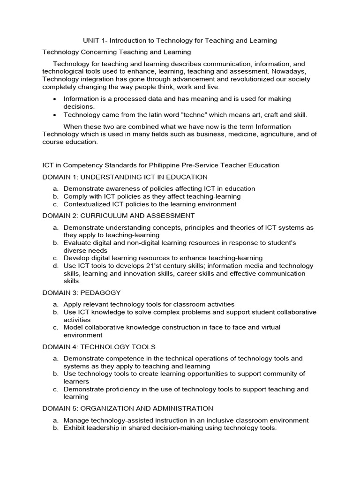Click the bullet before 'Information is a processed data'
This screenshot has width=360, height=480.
[55, 99]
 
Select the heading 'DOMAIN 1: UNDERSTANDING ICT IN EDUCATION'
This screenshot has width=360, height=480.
[125, 177]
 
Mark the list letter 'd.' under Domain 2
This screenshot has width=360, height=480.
[55, 266]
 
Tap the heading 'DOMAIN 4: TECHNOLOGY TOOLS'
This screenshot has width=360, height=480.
[99, 347]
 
